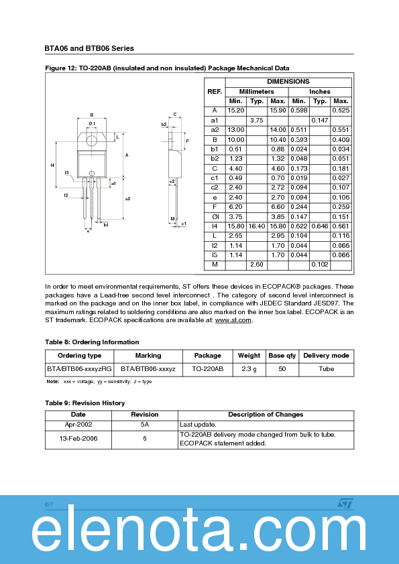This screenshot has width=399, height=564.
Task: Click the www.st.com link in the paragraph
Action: pos(233,320)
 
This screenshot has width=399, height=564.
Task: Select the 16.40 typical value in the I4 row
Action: pos(257,226)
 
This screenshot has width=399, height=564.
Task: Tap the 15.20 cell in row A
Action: pos(235,111)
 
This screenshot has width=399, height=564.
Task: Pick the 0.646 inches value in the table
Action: pos(320,226)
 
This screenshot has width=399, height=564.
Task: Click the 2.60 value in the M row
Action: pos(257,265)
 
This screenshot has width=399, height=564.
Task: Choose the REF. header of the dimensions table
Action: pos(215,91)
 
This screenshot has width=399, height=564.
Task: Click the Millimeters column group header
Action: pos(257,91)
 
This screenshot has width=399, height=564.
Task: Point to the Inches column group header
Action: pos(320,91)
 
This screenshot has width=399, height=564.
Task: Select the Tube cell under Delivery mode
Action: pos(326,368)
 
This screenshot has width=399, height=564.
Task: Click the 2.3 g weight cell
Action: pos(249,368)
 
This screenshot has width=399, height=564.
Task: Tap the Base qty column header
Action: pos(282,356)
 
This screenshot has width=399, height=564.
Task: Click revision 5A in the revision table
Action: pos(145,425)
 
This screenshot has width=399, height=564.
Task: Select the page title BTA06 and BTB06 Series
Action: pos(89,48)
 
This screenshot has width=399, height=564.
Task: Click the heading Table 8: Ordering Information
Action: pos(92,342)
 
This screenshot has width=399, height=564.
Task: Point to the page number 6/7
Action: pos(49,503)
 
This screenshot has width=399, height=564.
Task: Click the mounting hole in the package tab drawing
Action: pos(92,139)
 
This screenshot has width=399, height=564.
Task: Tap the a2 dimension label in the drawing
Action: pos(127,198)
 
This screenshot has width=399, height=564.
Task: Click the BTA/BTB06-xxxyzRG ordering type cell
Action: pos(79,368)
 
